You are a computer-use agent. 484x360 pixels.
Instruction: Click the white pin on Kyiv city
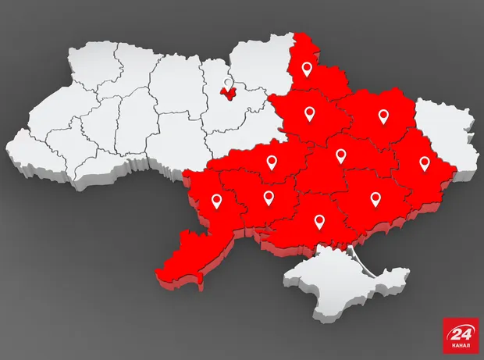[x=227, y=83]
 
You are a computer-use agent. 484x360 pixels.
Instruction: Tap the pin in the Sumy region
[x=307, y=69]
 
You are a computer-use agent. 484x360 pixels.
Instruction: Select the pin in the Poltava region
[x=309, y=115]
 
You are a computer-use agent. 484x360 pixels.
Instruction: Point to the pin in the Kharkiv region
[x=383, y=116]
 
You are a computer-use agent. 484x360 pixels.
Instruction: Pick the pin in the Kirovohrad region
[x=272, y=162]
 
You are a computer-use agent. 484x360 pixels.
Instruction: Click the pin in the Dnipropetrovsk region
[x=340, y=155]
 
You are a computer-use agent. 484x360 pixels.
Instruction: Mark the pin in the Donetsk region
[x=424, y=163]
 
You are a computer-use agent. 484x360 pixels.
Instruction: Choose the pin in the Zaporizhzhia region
[x=375, y=198]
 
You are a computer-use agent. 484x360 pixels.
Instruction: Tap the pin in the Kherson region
[x=319, y=221]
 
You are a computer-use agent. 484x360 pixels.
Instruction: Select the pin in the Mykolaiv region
[x=269, y=198]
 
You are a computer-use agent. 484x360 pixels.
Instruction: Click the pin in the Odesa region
[x=216, y=201]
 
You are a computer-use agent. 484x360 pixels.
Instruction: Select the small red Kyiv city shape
[x=228, y=94]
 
